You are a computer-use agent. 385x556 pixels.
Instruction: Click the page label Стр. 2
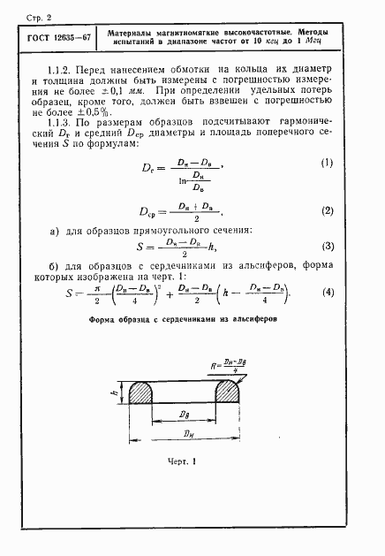(x=34, y=14)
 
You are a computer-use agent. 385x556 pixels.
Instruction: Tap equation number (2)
(x=328, y=212)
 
